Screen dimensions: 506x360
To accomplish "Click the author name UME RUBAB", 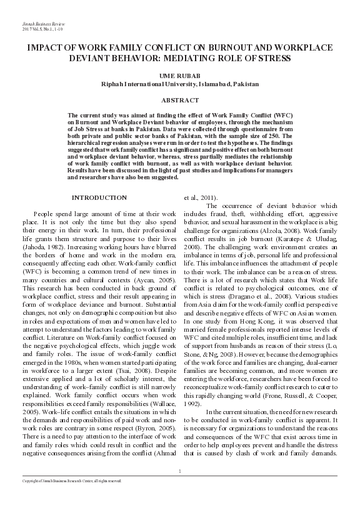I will click(x=179, y=74).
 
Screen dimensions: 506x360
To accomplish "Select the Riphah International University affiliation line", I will click(x=180, y=82).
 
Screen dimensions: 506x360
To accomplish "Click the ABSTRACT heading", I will click(x=180, y=100).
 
